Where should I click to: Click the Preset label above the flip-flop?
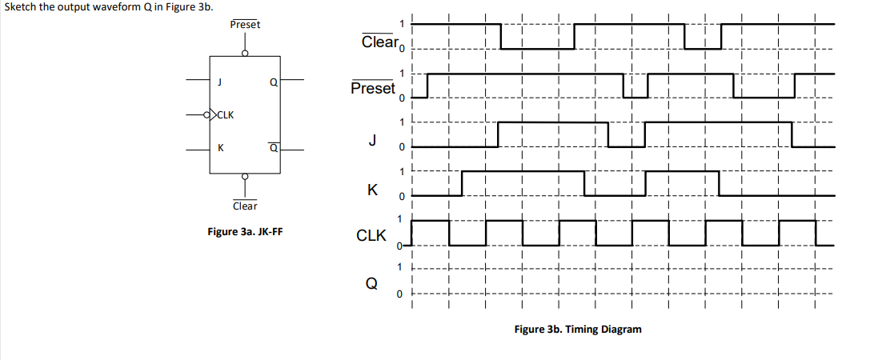(245, 24)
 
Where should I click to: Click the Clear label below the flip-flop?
(245, 206)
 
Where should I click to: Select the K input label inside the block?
(220, 148)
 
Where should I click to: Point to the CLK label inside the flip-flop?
(225, 114)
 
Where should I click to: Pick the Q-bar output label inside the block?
(273, 148)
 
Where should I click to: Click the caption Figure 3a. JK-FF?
(244, 232)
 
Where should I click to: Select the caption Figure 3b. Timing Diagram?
(577, 329)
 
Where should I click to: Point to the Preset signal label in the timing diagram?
(373, 88)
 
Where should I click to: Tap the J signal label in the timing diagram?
(372, 139)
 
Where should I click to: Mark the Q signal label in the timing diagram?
(371, 284)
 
